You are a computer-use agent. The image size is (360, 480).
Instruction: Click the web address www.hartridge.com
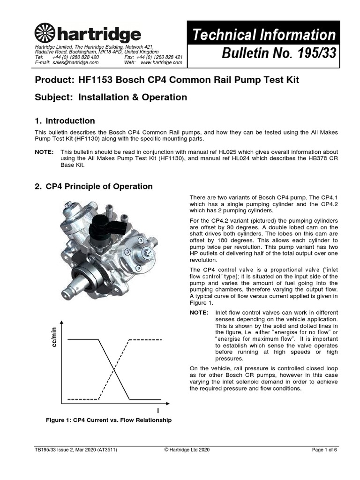[161, 62]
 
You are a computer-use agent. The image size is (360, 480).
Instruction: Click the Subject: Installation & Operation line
[111, 97]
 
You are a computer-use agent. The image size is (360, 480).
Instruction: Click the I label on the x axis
[158, 411]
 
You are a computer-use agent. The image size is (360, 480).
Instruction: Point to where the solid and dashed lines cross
[114, 369]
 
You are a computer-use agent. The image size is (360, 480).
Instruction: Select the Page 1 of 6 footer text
[324, 450]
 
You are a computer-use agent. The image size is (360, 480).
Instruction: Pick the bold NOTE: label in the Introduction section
[44, 152]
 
